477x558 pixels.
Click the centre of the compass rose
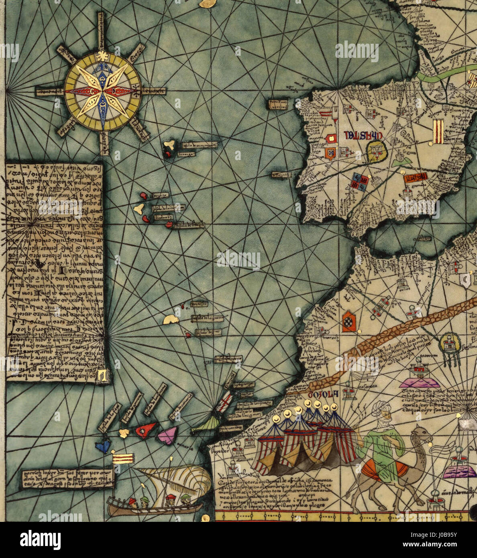pos(103,91)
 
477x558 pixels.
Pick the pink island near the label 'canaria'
pos(168,435)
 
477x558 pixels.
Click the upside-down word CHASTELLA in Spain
pos(363,136)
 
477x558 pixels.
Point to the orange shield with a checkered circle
pos(349,322)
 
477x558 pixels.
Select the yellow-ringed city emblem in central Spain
pos(376,152)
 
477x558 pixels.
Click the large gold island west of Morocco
pos(171,319)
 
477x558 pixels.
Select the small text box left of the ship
pos(68,478)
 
